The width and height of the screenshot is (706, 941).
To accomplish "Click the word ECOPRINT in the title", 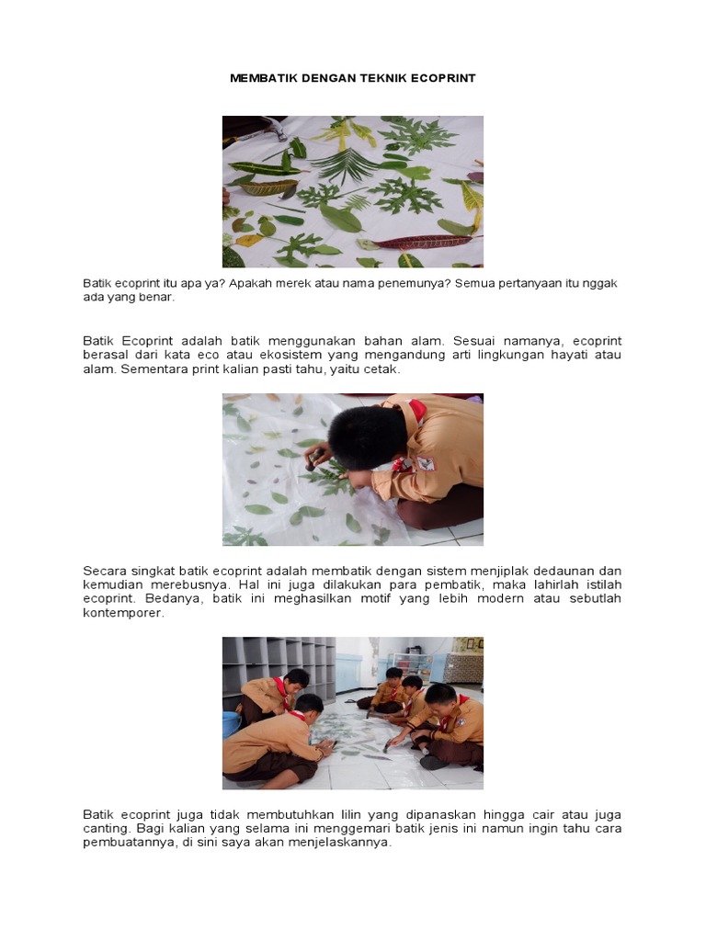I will point(444,79).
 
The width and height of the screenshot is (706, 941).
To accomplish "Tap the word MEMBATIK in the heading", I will point(262,79).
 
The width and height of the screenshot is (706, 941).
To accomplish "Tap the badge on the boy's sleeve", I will point(426,463).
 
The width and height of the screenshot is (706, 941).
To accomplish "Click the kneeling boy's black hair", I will point(366,436).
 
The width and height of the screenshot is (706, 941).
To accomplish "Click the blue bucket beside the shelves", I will point(231,722).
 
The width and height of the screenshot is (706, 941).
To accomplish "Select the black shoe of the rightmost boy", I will point(433,762).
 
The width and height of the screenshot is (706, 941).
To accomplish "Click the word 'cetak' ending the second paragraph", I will point(383,369).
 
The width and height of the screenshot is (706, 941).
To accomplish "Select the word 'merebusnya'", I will point(179,584).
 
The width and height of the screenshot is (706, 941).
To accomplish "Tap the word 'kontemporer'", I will point(122,613).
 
